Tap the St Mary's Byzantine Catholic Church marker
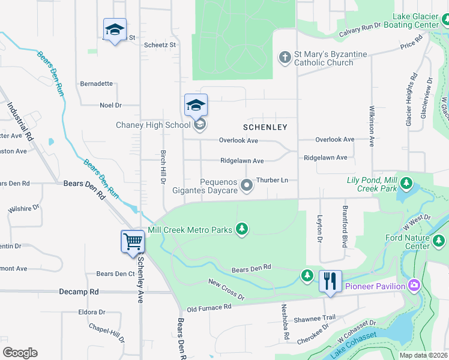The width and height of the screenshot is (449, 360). [285, 58]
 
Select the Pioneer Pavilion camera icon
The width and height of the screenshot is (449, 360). [414, 285]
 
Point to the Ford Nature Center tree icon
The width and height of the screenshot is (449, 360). [439, 241]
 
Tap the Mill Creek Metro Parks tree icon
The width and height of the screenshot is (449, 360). [242, 229]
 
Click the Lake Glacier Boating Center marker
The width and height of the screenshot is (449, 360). [445, 20]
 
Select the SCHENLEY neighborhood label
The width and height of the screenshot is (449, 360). [265, 127]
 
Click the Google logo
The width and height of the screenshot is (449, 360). [20, 352]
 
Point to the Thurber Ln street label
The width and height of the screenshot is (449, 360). [272, 180]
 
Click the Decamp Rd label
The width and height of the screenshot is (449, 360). [79, 292]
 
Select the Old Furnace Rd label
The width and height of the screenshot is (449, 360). [209, 308]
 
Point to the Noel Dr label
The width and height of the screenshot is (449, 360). [110, 105]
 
